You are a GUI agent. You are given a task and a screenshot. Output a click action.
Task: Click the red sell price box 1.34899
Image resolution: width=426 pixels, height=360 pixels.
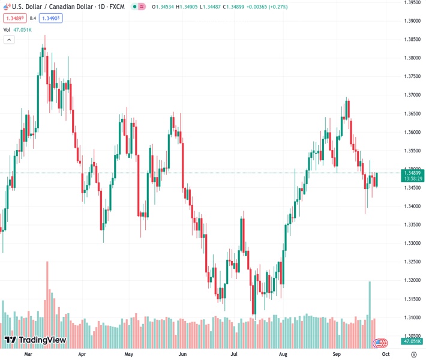click(13, 18)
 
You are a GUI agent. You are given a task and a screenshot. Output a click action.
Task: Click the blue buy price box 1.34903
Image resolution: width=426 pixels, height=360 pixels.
click(51, 18)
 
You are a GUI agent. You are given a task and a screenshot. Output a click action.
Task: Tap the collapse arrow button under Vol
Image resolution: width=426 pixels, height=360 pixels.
click(9, 40)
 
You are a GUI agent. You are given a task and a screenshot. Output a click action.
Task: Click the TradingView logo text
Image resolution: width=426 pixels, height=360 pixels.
click(42, 340)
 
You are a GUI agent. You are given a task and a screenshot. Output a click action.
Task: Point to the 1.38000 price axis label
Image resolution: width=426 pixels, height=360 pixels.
click(412, 58)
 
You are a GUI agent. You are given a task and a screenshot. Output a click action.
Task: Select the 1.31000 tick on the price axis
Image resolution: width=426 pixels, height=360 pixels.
click(412, 317)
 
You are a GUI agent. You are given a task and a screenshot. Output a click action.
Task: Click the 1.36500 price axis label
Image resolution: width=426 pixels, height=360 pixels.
click(412, 113)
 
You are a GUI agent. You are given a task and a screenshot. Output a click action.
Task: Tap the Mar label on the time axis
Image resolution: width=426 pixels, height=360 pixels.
click(28, 355)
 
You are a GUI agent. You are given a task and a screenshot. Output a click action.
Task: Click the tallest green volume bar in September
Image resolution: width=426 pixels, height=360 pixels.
click(370, 300)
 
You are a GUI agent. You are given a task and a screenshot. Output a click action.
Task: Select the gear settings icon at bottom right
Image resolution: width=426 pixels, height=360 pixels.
click(413, 355)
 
